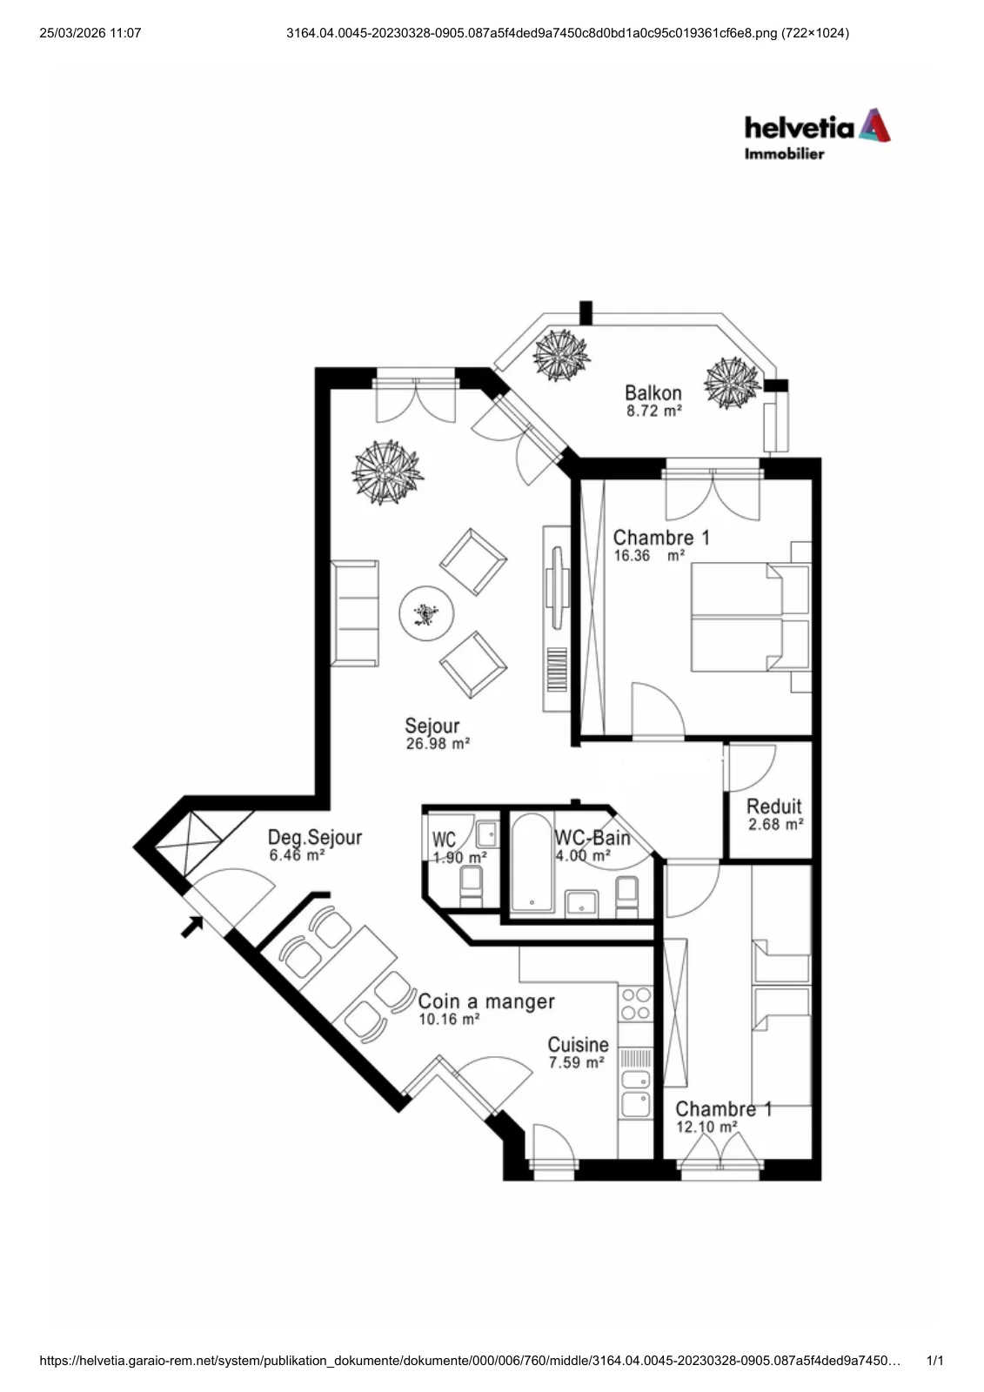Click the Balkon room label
(653, 392)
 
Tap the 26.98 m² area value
(438, 744)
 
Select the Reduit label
(774, 806)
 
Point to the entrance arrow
(192, 927)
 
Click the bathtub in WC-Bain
(532, 862)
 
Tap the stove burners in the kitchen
(636, 1004)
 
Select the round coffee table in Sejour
(425, 613)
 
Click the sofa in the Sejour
(354, 613)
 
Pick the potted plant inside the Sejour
(387, 472)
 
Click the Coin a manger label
(486, 1001)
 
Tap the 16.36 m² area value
(649, 556)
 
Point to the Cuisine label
(578, 1044)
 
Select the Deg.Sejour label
(315, 837)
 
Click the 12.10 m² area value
(706, 1127)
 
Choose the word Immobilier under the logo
(784, 153)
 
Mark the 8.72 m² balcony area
(654, 411)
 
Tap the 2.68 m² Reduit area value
(775, 824)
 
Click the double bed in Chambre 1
(751, 617)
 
